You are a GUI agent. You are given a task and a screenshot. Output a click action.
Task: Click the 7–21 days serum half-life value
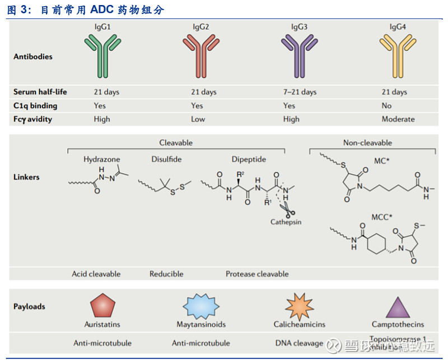pyautogui.click(x=300, y=92)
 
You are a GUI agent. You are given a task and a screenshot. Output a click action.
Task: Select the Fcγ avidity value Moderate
pyautogui.click(x=398, y=119)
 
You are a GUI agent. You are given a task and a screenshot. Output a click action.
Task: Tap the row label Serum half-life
pyautogui.click(x=41, y=92)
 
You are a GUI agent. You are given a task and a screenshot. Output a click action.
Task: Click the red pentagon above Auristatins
pyautogui.click(x=103, y=306)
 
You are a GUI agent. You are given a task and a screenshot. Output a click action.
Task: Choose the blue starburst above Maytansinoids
pyautogui.click(x=200, y=306)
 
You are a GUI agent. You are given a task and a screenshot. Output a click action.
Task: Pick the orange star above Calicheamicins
pyautogui.click(x=299, y=306)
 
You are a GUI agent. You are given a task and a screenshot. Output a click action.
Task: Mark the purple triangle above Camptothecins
pyautogui.click(x=398, y=308)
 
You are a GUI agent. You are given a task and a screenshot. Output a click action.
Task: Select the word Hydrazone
pyautogui.click(x=102, y=159)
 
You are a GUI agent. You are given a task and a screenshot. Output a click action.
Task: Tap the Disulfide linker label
pyautogui.click(x=166, y=159)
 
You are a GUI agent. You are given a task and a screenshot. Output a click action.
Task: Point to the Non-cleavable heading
pyautogui.click(x=367, y=143)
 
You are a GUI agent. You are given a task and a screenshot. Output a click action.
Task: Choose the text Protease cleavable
pyautogui.click(x=257, y=274)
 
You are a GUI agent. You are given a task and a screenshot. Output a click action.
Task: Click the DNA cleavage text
pyautogui.click(x=299, y=343)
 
